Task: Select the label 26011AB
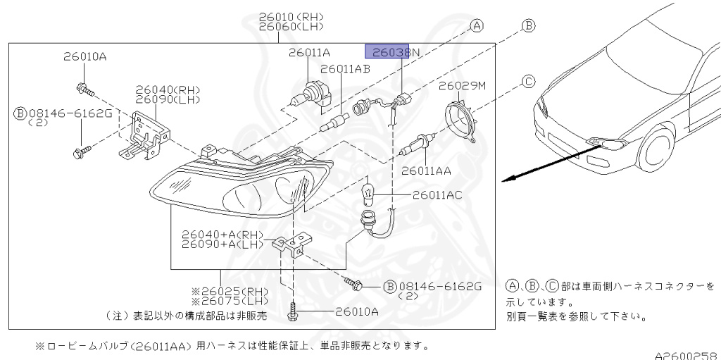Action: [x=345, y=69]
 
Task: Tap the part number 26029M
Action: [x=463, y=86]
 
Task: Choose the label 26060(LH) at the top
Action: [x=291, y=27]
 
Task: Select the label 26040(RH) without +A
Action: [x=168, y=90]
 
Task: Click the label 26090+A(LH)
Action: [x=222, y=244]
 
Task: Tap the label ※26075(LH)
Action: [x=221, y=302]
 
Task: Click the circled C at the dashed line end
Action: [x=528, y=82]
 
